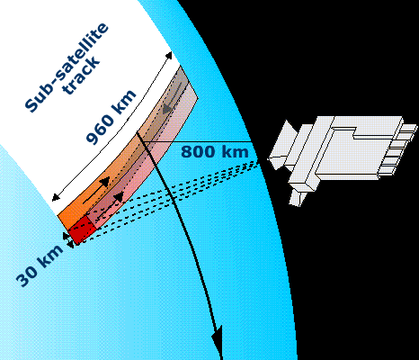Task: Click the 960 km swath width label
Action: [111, 116]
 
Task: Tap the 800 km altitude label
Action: [215, 151]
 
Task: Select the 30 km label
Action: [40, 265]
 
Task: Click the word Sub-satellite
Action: [67, 67]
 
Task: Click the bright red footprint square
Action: [82, 229]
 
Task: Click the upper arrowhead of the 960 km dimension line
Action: [169, 56]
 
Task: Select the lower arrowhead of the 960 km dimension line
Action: [56, 197]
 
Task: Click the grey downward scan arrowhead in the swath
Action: [168, 108]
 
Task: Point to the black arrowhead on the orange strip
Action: [104, 182]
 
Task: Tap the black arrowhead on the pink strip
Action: [119, 197]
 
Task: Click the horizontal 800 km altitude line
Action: [196, 141]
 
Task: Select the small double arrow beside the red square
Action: [68, 240]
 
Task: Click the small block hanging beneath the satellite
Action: [298, 198]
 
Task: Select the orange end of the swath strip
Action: [69, 217]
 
